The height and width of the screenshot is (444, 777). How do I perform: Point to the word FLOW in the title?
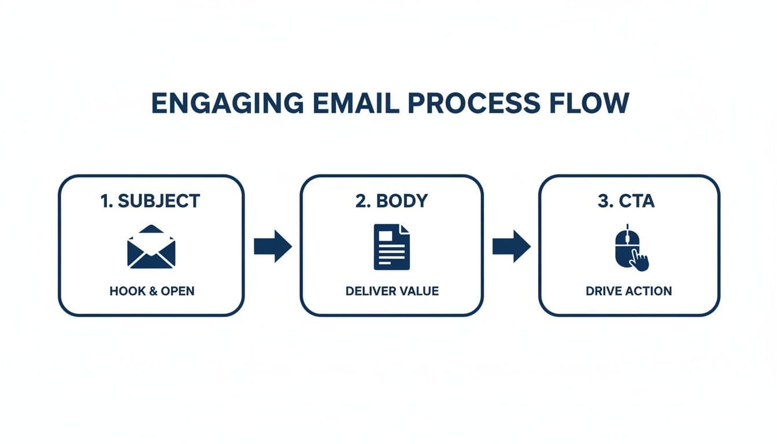coord(588,103)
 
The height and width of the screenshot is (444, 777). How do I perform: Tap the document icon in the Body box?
coord(391,247)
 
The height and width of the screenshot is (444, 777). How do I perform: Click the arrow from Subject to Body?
coord(272,246)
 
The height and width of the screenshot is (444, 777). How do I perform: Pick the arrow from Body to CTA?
coord(511,246)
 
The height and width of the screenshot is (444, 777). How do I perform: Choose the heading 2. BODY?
coord(391,201)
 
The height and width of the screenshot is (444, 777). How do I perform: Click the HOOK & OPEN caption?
coord(151,291)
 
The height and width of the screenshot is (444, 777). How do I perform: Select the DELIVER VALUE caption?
coord(391,291)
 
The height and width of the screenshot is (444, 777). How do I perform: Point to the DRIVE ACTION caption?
coord(628,291)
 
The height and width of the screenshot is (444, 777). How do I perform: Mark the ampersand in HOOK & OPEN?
coord(153,291)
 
